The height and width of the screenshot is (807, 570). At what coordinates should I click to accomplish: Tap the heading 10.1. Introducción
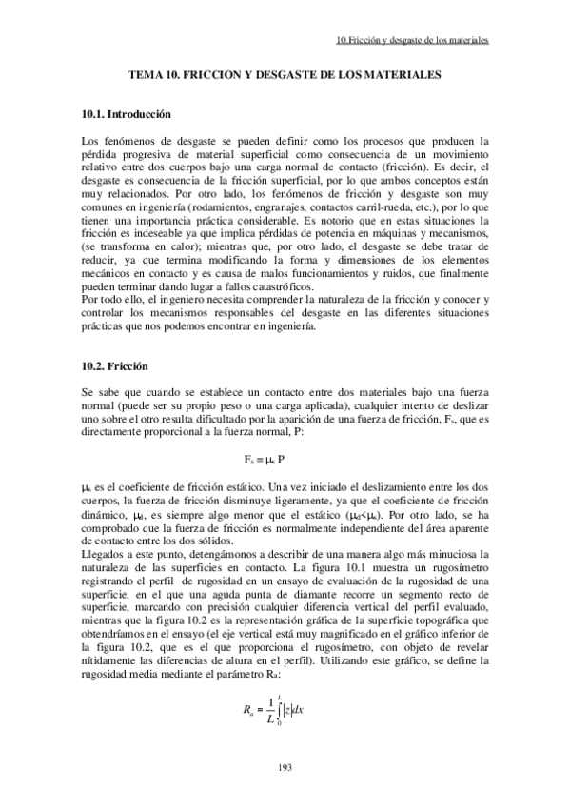[x=127, y=114]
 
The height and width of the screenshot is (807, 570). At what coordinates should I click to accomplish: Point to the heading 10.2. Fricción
[x=115, y=366]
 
